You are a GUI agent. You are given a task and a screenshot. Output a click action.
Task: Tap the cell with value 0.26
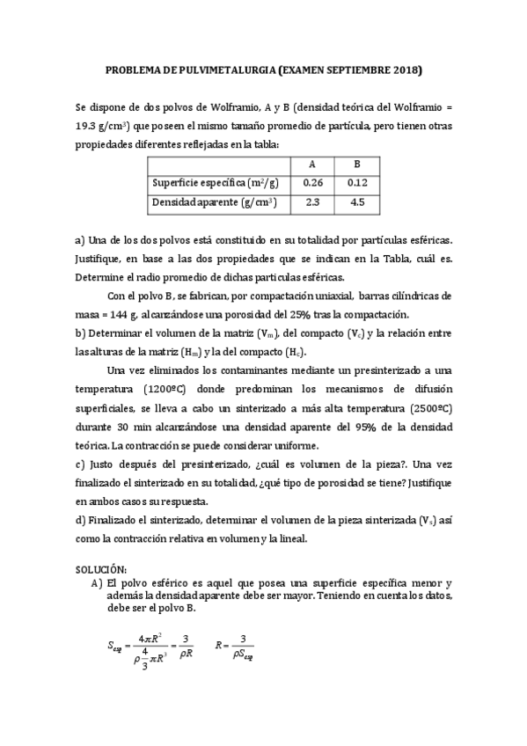(x=312, y=183)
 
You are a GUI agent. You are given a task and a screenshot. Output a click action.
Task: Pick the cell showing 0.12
(x=356, y=183)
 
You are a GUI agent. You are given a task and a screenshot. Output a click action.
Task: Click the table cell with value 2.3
(x=312, y=202)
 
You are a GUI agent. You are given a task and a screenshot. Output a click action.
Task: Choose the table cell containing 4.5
(x=356, y=202)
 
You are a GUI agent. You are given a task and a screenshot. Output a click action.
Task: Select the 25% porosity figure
(x=299, y=315)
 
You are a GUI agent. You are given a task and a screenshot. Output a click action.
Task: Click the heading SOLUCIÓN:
(x=100, y=570)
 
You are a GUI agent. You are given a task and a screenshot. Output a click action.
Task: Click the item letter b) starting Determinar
(x=80, y=333)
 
